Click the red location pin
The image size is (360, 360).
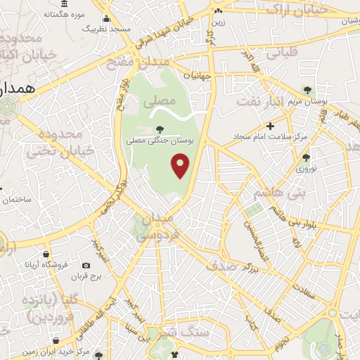pos(181,165)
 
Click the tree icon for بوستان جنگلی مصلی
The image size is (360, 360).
pos(160,129)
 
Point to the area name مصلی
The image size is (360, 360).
pos(159,101)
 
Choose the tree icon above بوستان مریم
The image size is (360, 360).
pos(307,89)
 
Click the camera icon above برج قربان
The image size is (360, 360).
pos(86,266)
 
